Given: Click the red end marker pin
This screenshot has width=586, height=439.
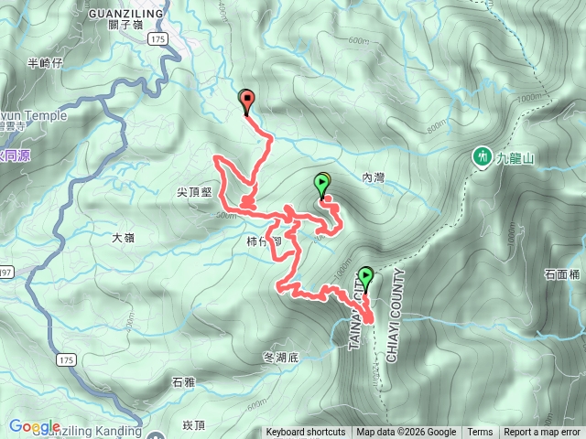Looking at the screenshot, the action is pyautogui.click(x=246, y=101).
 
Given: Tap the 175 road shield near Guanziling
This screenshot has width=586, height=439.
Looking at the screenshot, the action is pyautogui.click(x=159, y=40).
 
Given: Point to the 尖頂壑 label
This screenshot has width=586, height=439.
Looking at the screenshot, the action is pyautogui.click(x=194, y=192).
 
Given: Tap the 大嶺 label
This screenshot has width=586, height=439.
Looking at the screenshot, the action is pyautogui.click(x=123, y=238).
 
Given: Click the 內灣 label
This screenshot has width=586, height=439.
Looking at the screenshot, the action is pyautogui.click(x=374, y=177).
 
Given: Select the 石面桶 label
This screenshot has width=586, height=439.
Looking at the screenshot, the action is pyautogui.click(x=562, y=273).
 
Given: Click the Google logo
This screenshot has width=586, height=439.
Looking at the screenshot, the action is pyautogui.click(x=35, y=426).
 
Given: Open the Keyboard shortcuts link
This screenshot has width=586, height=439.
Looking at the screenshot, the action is pyautogui.click(x=308, y=433).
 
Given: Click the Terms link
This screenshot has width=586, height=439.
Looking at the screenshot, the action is pyautogui.click(x=480, y=433).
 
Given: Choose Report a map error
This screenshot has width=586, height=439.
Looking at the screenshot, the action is pyautogui.click(x=543, y=433).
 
